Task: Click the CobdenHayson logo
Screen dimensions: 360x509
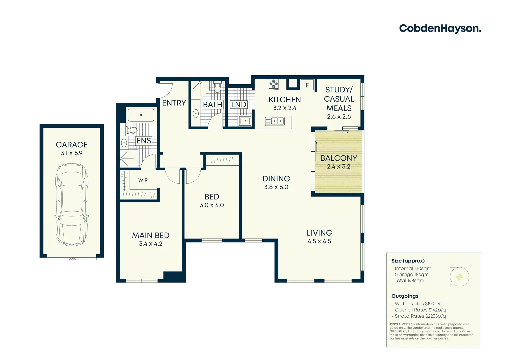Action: point(440,29)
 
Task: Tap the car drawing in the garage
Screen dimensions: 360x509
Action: point(72,205)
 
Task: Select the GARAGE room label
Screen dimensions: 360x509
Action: point(72,145)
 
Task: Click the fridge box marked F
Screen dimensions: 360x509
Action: point(307,85)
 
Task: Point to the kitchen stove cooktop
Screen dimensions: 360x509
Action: point(274,84)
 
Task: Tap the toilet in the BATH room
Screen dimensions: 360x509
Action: point(217,88)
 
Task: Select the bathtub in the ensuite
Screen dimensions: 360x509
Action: point(141,115)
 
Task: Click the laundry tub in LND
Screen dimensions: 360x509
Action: point(245,121)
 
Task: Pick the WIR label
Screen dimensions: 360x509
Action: point(143,180)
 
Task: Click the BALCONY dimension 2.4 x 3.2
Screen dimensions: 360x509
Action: point(338,167)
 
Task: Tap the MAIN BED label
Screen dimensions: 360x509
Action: point(151,236)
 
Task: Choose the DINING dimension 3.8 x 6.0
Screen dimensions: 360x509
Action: point(276,187)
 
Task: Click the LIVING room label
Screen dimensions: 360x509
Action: point(319,233)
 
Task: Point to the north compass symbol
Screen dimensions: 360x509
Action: point(460,277)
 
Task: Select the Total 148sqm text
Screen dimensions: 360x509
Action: point(409,281)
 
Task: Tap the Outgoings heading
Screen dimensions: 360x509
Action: point(405,296)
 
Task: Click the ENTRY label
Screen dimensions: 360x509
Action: point(174,103)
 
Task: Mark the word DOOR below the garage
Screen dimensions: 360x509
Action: point(72,259)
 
